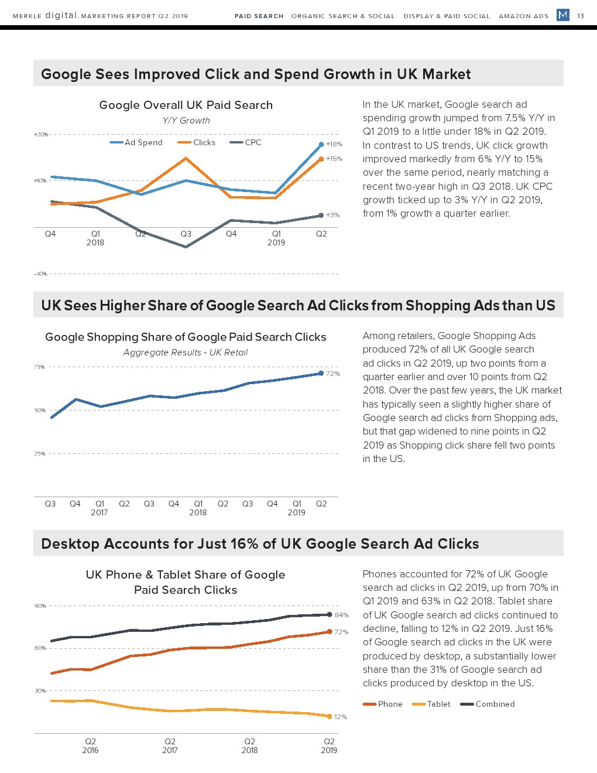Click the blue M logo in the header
pos(562,15)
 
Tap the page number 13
pos(581,16)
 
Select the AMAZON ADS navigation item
pos(523,16)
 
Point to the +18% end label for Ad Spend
pos(334,144)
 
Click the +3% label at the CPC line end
pos(332,215)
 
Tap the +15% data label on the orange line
pos(334,159)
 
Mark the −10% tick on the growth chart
pos(40,273)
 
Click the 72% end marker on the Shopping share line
pos(321,373)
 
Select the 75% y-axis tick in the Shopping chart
pos(39,367)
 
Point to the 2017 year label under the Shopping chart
pos(99,512)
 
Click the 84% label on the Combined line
pos(341,615)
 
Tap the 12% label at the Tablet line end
pos(340,717)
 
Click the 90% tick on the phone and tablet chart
pos(40,606)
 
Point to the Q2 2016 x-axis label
pos(90,745)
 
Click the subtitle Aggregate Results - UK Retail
pos(186,353)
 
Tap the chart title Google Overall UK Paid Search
pos(186,105)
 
